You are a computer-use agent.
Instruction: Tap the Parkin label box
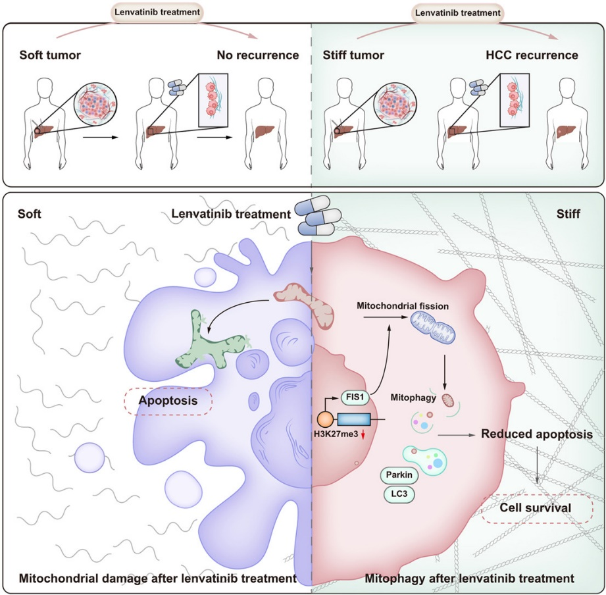399,475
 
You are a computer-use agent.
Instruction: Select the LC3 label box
399,492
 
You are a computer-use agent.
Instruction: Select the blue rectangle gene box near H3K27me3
353,420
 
